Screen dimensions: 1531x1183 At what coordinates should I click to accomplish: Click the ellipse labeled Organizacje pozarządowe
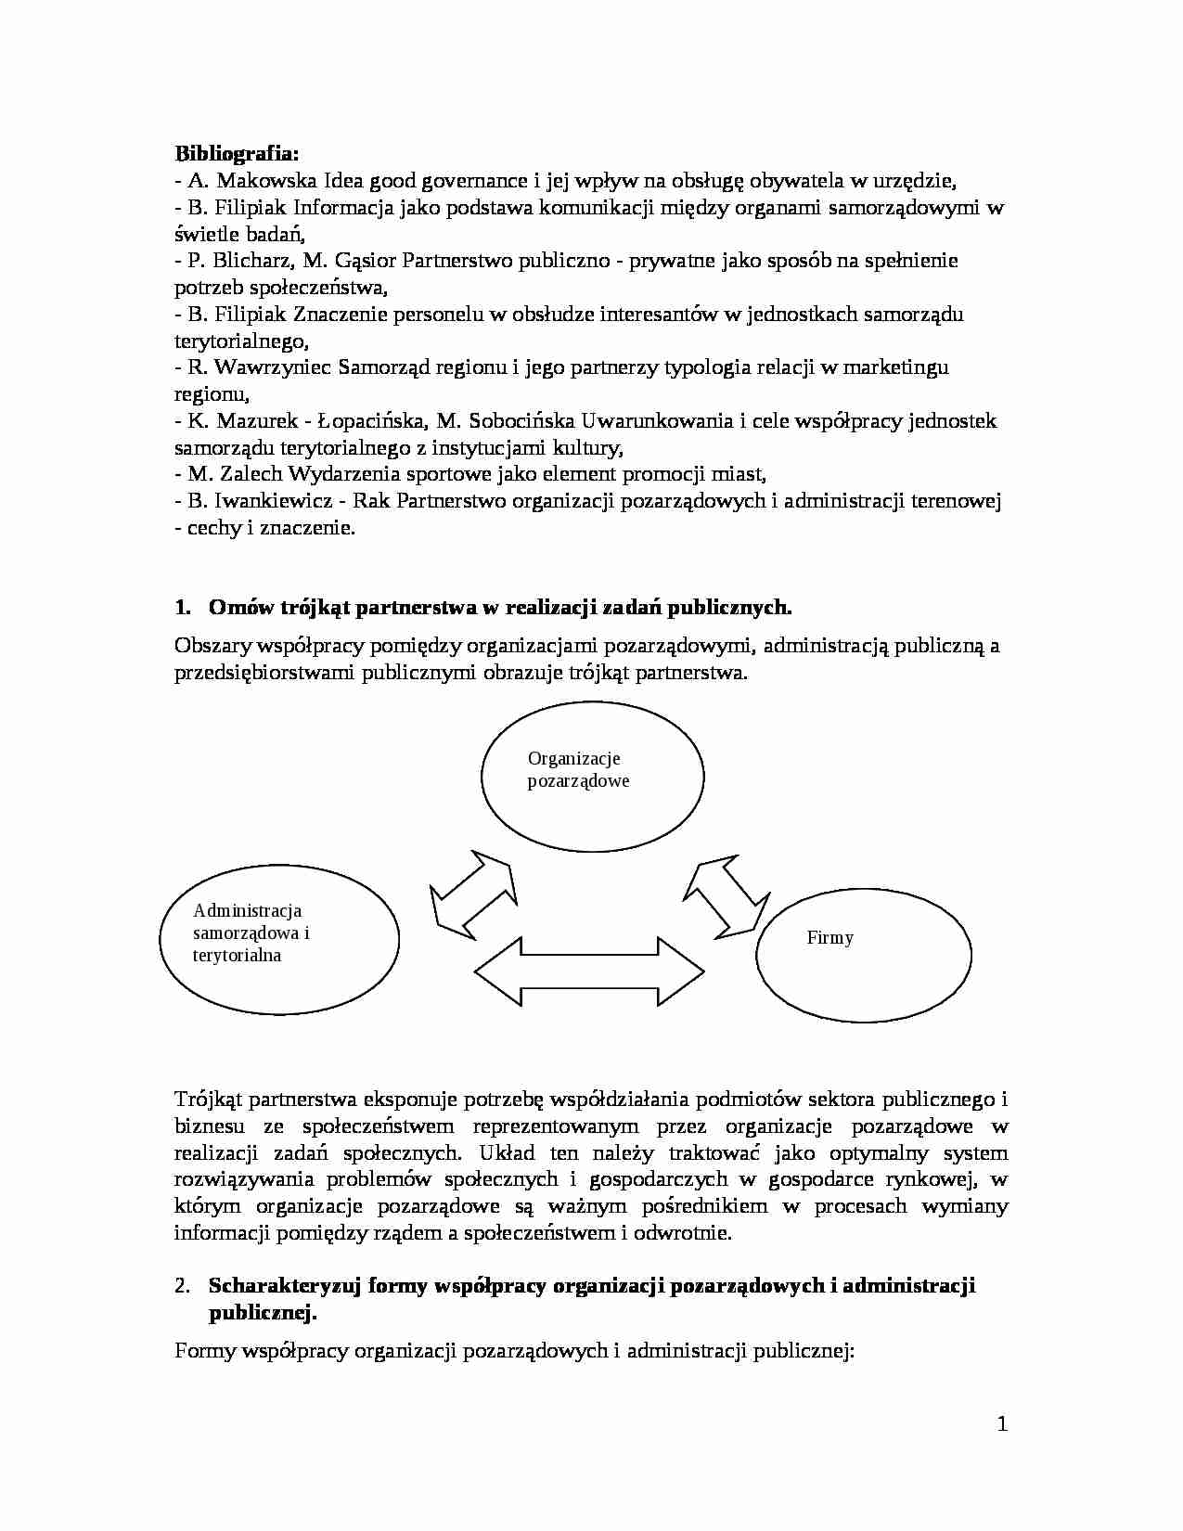coord(592,778)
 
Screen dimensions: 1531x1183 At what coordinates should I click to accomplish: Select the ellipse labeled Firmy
coord(863,955)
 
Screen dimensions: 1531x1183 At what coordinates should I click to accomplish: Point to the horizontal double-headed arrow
coord(589,971)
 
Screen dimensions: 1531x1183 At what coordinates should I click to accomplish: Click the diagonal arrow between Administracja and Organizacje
coord(473,892)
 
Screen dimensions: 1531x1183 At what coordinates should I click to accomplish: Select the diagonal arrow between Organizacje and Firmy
coord(727,896)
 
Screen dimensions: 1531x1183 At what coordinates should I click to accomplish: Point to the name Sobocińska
coord(526,421)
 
